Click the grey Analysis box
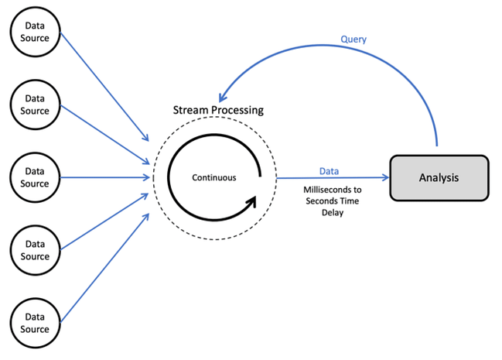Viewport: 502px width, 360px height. point(439,177)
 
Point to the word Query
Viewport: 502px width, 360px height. point(353,39)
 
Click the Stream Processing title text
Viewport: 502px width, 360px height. point(217,110)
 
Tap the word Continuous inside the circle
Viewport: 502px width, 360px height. point(214,177)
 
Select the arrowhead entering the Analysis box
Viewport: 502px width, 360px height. point(384,177)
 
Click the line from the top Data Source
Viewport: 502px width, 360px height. point(104,85)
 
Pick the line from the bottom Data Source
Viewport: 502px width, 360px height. point(104,268)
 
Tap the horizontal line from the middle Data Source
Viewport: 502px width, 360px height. point(104,177)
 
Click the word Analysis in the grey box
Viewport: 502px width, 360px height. point(439,177)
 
